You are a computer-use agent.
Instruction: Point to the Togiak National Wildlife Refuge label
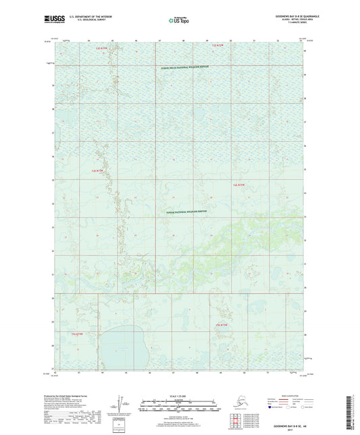(187, 211)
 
